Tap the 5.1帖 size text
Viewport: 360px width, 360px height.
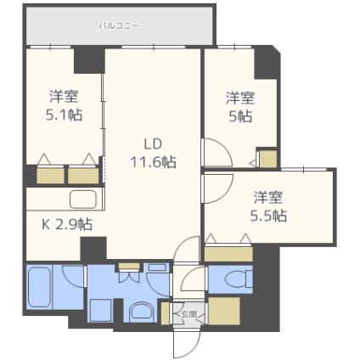(64, 115)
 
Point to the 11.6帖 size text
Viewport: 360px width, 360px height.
(153, 160)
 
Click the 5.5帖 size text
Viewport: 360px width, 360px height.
(269, 215)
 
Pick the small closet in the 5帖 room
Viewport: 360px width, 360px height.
(267, 160)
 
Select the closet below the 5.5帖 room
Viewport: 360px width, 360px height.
(228, 252)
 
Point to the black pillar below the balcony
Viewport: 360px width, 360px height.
(87, 59)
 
